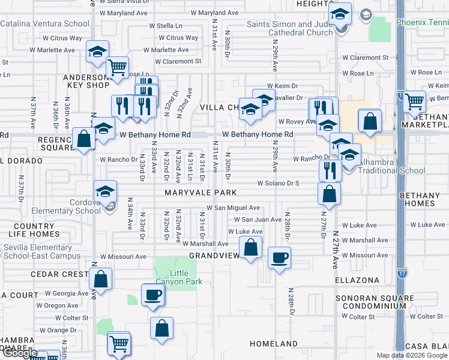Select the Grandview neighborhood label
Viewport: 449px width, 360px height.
[x=214, y=255]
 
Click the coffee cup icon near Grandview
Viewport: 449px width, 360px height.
[x=279, y=258]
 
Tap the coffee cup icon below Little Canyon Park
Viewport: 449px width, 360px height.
[x=152, y=295]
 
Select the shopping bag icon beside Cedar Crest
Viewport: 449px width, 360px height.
[x=101, y=278]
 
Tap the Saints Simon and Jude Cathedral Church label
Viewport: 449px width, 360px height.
[x=290, y=28]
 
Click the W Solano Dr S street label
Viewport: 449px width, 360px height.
[x=278, y=183]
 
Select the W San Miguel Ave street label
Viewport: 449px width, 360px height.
[x=233, y=208]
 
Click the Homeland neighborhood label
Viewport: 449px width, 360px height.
[x=273, y=344]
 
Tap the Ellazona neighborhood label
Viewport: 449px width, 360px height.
[x=358, y=280]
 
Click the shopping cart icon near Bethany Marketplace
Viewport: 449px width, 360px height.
[x=414, y=101]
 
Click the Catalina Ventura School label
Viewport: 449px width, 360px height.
[x=44, y=24]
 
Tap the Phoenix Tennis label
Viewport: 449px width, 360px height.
[x=423, y=23]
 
